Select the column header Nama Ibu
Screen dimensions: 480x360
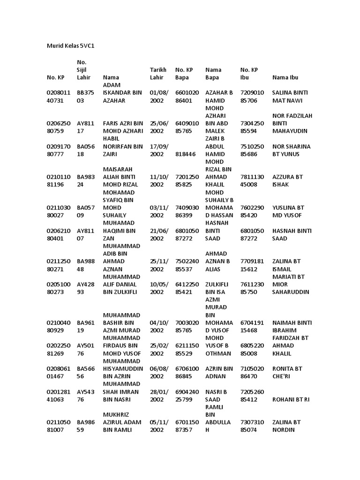[x=285, y=77]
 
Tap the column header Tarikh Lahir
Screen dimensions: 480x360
[x=158, y=74]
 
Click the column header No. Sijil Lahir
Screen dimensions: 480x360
[x=83, y=70]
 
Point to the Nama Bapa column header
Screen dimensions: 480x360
[x=213, y=74]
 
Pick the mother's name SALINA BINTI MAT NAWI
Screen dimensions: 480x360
[x=288, y=97]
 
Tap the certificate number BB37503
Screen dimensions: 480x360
[x=86, y=97]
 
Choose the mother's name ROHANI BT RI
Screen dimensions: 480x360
[x=291, y=399]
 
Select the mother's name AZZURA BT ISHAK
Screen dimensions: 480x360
[x=287, y=180]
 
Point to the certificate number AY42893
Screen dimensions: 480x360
[x=86, y=288]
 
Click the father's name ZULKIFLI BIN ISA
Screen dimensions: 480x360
[x=217, y=288]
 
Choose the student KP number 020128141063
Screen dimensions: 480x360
[x=58, y=395]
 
